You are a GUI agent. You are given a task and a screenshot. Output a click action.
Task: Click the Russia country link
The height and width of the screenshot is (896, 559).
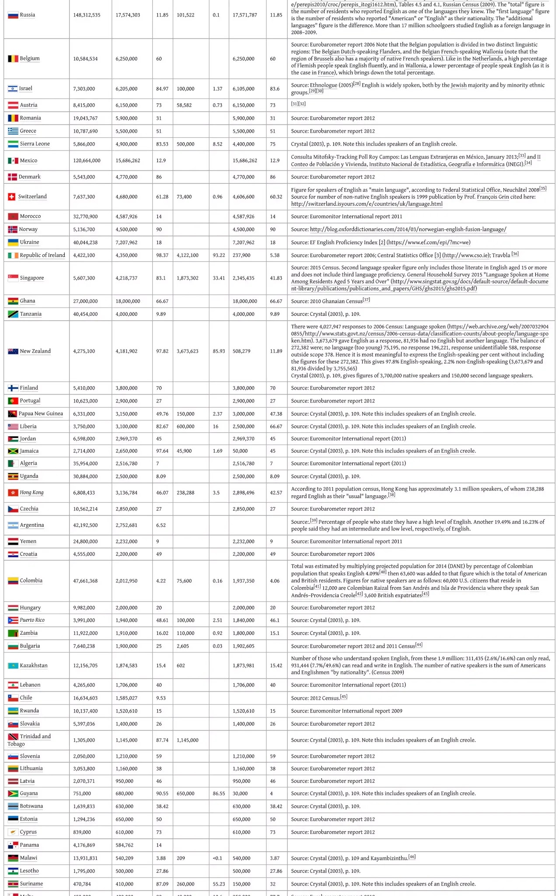[x=27, y=15]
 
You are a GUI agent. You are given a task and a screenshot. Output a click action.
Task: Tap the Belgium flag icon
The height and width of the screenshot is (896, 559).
[x=13, y=59]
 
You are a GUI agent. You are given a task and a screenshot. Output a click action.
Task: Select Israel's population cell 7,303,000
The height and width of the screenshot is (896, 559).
[x=84, y=89]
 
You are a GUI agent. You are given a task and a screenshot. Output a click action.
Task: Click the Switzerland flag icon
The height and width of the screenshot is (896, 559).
[x=12, y=197]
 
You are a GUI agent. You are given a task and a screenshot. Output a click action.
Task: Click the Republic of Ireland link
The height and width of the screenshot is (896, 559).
[x=42, y=255]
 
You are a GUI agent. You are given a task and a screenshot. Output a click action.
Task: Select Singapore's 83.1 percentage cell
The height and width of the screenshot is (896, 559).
[x=161, y=278]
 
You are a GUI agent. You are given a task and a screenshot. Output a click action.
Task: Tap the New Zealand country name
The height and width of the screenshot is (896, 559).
[x=35, y=351]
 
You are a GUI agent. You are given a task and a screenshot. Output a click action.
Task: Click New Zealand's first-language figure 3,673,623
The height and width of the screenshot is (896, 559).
[x=188, y=351]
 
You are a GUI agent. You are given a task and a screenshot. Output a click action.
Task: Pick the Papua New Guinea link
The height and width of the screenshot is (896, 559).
[x=41, y=414]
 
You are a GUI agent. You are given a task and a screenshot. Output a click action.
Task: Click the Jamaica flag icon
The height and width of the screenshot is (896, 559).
[x=13, y=451]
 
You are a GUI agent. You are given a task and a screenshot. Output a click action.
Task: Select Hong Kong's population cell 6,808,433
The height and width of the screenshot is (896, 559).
[x=85, y=493]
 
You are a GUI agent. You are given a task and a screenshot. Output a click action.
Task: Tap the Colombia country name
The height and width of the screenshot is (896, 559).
[x=31, y=581]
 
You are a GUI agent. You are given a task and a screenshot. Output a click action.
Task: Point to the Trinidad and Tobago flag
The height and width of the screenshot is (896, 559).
[x=13, y=737]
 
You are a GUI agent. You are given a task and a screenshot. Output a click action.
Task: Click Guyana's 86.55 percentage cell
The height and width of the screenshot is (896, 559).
[x=219, y=794]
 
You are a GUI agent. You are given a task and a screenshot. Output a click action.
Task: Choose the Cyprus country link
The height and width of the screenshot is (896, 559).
[x=28, y=832]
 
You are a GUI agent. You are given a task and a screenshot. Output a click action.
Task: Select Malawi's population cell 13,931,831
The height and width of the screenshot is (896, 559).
[x=85, y=858]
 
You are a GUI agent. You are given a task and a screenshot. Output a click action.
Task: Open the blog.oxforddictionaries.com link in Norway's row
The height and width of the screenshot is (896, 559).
[x=408, y=230]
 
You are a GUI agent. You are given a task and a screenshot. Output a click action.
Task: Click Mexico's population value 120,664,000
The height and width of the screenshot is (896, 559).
[x=87, y=161]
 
